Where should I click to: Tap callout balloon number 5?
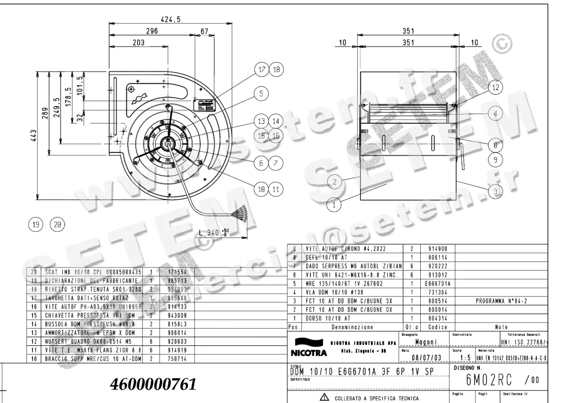pos(261,93)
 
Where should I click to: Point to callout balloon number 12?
pos(496,87)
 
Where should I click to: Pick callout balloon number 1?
pos(334,204)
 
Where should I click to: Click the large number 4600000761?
pos(152,384)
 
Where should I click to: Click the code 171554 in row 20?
pos(171,272)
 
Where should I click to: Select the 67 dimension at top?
pos(204,31)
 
